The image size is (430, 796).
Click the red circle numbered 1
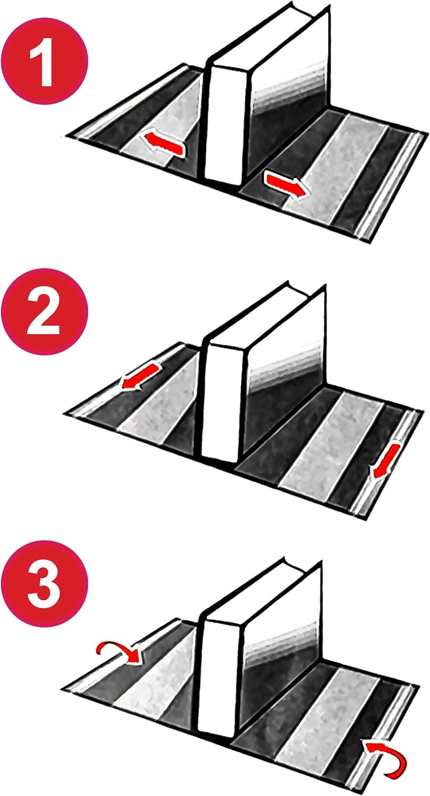(45, 61)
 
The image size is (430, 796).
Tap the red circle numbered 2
(45, 312)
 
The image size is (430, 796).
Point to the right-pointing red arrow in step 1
(285, 185)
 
